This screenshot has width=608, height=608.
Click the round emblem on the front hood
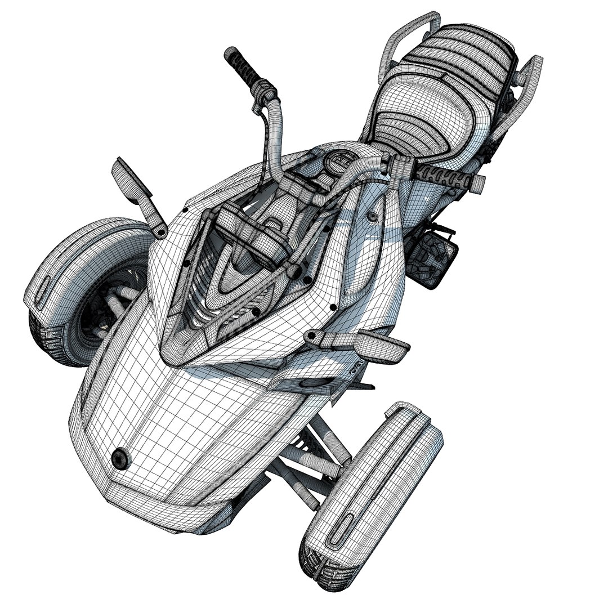click(x=120, y=458)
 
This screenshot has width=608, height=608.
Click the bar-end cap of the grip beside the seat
click(x=477, y=181)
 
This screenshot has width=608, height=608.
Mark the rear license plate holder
click(x=436, y=258)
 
